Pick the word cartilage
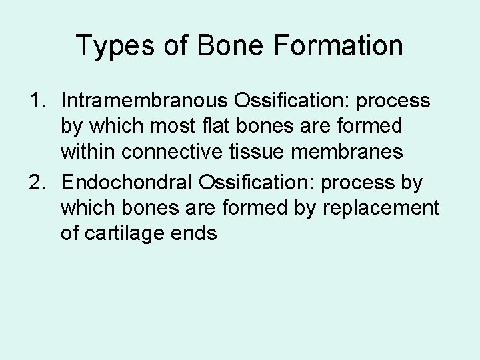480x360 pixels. [128, 233]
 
